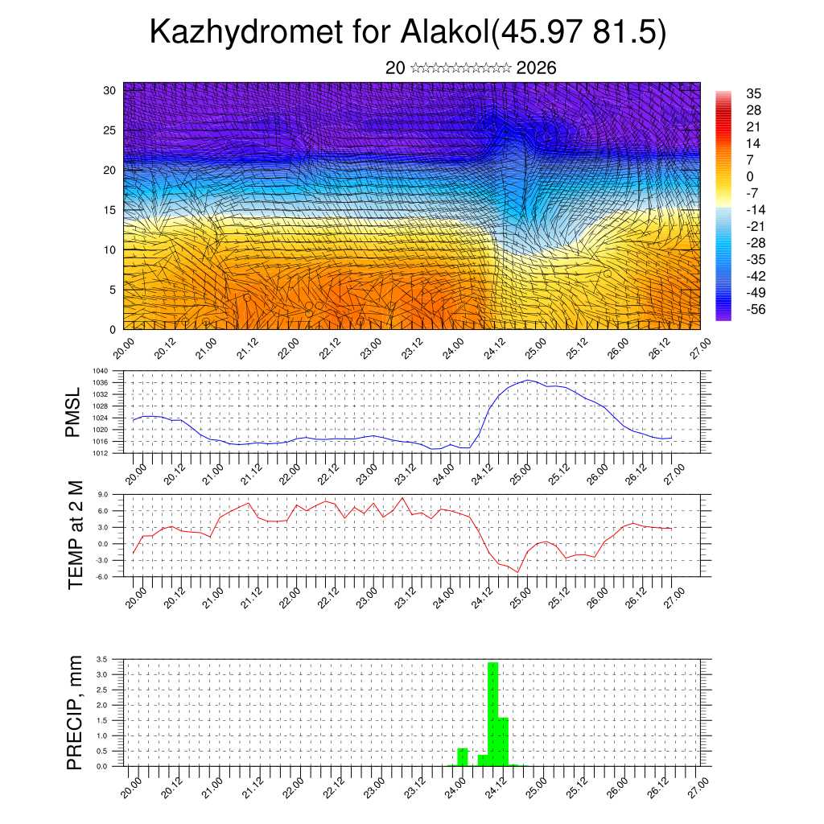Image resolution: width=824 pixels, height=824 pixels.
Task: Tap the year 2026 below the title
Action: pyautogui.click(x=537, y=68)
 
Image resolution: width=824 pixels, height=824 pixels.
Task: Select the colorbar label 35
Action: pyautogui.click(x=753, y=94)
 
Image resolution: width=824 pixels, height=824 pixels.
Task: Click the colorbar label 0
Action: pyautogui.click(x=750, y=176)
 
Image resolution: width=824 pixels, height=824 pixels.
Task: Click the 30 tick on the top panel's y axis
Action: pyautogui.click(x=110, y=90)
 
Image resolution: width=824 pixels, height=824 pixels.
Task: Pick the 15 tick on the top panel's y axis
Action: pyautogui.click(x=110, y=210)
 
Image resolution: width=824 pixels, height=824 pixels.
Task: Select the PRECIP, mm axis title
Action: pyautogui.click(x=76, y=712)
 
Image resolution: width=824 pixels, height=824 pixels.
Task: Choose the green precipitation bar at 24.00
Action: pyautogui.click(x=463, y=757)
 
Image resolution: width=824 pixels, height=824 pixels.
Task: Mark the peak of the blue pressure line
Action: pyautogui.click(x=528, y=380)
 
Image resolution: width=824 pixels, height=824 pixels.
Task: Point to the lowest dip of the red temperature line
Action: pyautogui.click(x=518, y=571)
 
